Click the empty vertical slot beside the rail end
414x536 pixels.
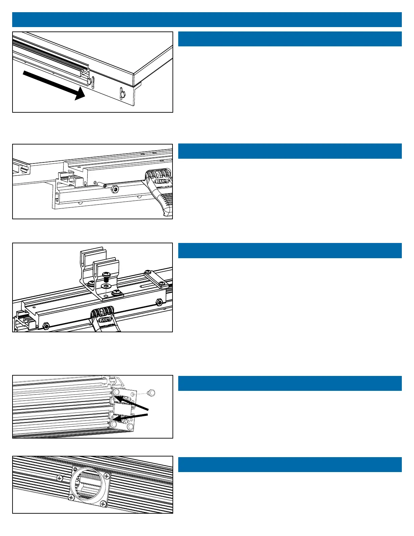[93, 82]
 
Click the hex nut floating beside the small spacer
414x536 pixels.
[115, 188]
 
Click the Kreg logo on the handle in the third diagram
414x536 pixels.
[104, 320]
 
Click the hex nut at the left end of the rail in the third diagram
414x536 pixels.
[46, 326]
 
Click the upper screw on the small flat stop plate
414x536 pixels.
[147, 272]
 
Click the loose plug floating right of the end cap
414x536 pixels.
[152, 393]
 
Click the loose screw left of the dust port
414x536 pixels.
[60, 478]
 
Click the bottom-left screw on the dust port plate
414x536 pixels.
[72, 497]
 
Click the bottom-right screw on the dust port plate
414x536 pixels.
[103, 505]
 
